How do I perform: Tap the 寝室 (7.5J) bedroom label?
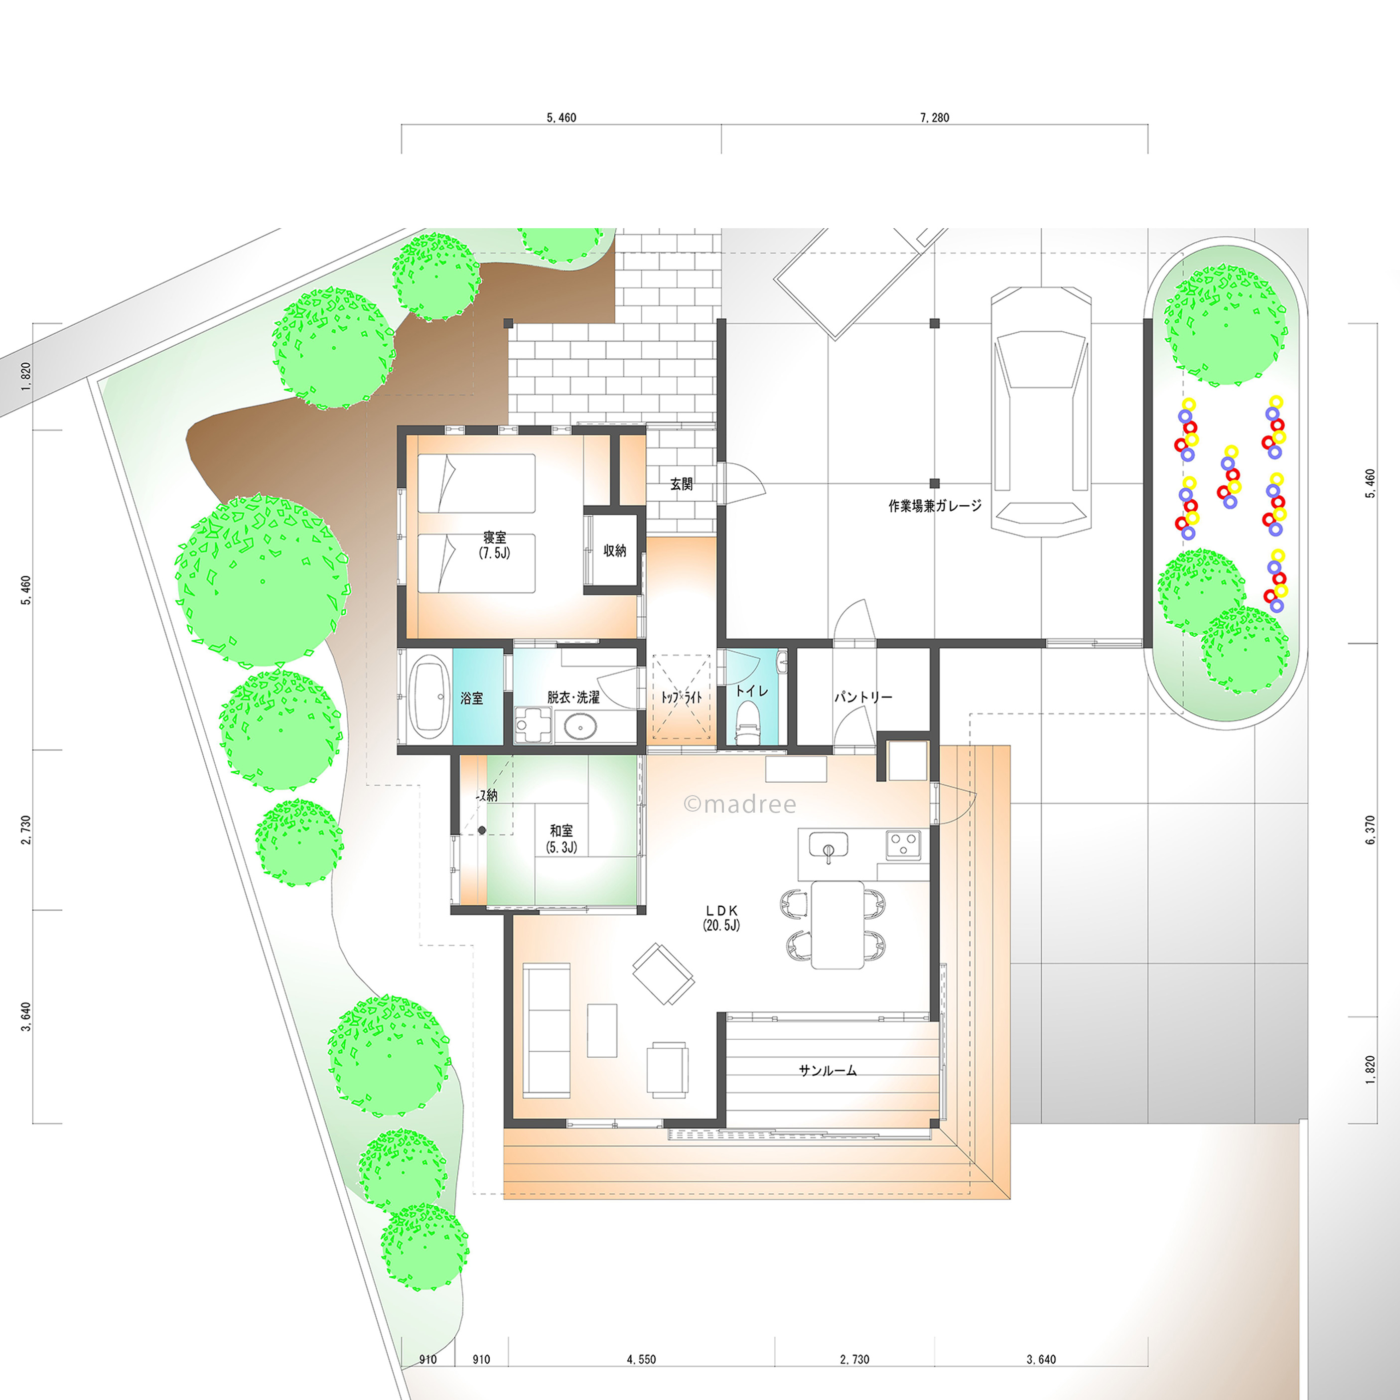(495, 545)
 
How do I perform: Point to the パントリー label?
(863, 697)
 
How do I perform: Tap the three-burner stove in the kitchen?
(903, 843)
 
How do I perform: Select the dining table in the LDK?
(837, 924)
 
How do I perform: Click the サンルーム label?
(828, 1070)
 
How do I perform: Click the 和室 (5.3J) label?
(561, 839)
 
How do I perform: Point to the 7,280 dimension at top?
(934, 118)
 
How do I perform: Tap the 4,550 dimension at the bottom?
(641, 1360)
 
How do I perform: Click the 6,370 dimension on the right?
(1370, 831)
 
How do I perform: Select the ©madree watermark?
(740, 804)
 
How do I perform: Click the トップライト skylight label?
(681, 697)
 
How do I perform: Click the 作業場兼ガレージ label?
(935, 506)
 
